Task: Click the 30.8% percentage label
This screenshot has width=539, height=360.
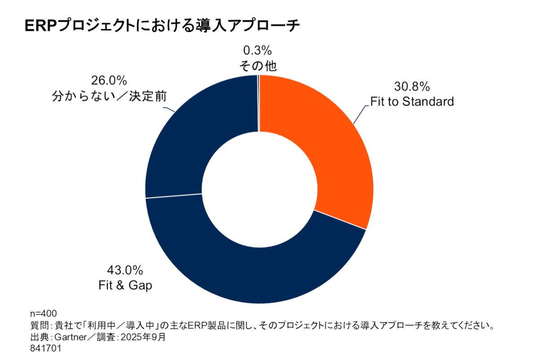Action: click(412, 86)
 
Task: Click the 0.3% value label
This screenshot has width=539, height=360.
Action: click(257, 49)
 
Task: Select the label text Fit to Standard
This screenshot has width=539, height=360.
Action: click(412, 102)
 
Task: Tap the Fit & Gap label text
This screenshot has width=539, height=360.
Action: click(125, 285)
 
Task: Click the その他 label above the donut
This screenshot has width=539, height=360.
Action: click(257, 66)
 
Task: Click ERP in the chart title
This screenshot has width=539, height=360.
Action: click(41, 26)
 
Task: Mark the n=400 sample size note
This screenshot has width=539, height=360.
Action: click(43, 313)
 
